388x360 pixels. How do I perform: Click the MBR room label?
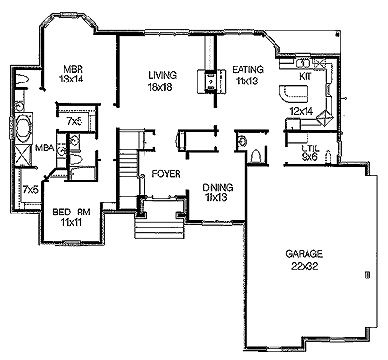tap(74, 69)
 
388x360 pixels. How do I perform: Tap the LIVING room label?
tap(163, 75)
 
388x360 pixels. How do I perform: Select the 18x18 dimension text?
tap(160, 87)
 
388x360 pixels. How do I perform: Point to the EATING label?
tap(248, 69)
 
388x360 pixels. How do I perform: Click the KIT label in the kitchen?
tap(305, 77)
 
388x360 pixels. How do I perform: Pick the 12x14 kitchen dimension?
tap(302, 112)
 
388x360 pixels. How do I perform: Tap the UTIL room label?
tap(310, 148)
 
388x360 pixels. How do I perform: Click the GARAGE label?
tap(305, 254)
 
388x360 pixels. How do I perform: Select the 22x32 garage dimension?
tap(305, 266)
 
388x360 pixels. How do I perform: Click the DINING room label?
tap(217, 187)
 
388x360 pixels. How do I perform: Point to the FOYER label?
tap(166, 174)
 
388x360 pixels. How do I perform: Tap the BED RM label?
tap(72, 213)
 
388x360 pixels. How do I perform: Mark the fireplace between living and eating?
tap(211, 82)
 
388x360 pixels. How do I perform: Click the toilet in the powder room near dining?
tap(255, 157)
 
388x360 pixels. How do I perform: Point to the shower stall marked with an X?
tap(23, 156)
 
